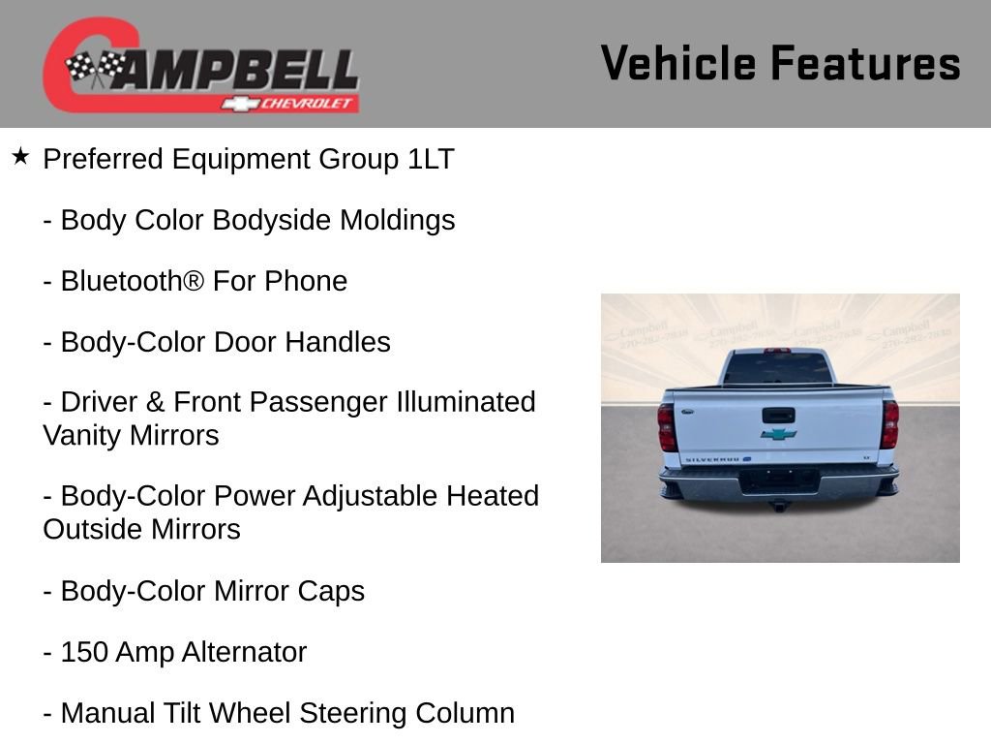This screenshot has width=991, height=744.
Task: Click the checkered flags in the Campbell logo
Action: click(x=95, y=67)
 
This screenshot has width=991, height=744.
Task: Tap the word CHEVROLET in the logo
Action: click(x=309, y=104)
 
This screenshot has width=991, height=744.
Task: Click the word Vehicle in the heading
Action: click(x=677, y=64)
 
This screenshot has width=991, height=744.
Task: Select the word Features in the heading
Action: click(x=865, y=64)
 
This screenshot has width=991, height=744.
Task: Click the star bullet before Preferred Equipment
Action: click(x=20, y=156)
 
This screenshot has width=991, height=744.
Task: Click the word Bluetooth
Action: click(x=132, y=281)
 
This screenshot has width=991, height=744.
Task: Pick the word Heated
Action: click(x=493, y=496)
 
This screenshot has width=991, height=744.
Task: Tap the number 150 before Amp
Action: click(x=84, y=652)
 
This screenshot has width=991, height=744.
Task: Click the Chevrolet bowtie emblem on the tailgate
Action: click(x=778, y=434)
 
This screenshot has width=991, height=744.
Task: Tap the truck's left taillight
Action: click(x=667, y=427)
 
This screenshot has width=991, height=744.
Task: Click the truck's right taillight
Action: click(x=889, y=424)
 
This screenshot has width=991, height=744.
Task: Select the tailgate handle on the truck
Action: click(x=778, y=415)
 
